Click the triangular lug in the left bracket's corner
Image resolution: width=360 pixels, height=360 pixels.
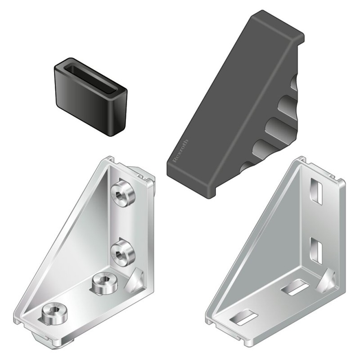coord(136,281)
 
